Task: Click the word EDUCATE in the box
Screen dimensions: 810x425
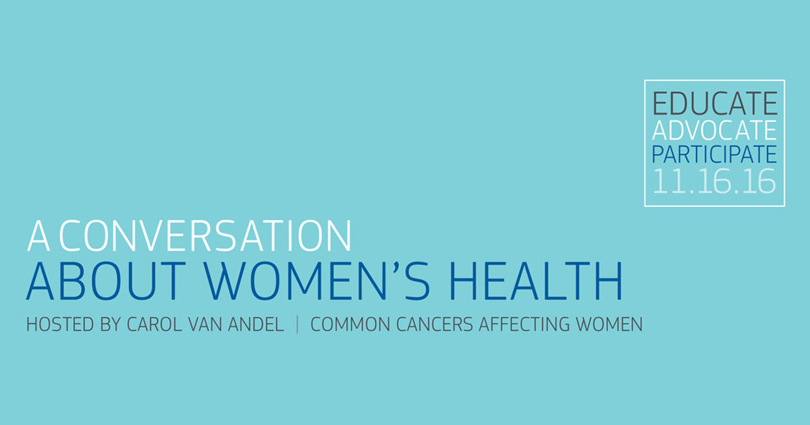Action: click(715, 104)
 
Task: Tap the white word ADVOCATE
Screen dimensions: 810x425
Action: click(714, 130)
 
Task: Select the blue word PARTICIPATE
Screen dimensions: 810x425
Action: click(714, 154)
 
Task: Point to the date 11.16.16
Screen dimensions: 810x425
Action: click(714, 181)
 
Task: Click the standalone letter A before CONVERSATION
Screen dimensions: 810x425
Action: click(38, 235)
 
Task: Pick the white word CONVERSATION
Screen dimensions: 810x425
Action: click(205, 235)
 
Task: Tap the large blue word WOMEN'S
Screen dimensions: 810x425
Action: click(317, 281)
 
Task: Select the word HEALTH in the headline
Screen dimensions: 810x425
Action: click(535, 281)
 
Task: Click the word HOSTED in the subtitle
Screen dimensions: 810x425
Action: click(60, 324)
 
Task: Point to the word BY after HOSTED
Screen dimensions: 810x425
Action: click(110, 324)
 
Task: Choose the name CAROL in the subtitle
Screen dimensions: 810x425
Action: click(155, 324)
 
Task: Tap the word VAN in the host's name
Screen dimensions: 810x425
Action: click(205, 324)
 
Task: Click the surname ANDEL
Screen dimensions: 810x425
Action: click(256, 324)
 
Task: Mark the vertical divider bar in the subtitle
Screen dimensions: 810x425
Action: click(297, 324)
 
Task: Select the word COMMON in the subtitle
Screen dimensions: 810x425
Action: click(350, 324)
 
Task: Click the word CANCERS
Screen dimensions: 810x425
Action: click(435, 324)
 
